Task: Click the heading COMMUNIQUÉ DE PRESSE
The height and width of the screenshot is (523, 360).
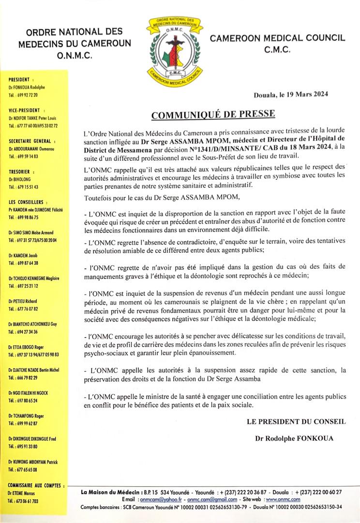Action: point(213,115)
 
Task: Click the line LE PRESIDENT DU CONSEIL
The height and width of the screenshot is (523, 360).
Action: point(296,422)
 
